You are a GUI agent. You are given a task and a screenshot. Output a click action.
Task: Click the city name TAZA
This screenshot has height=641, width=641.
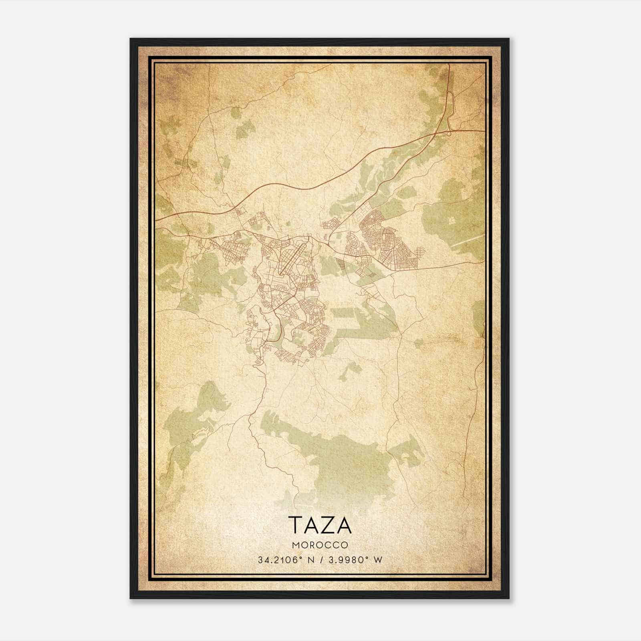320,525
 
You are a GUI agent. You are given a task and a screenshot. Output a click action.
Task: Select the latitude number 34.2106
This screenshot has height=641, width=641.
278,560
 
